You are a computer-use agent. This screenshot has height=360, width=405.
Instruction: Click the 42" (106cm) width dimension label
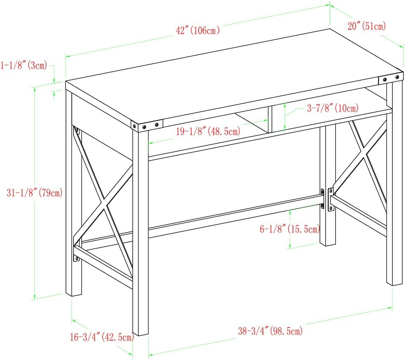[198, 30]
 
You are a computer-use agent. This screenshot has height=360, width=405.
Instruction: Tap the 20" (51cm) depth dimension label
[366, 26]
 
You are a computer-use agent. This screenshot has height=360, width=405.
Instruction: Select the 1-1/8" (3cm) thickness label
[24, 65]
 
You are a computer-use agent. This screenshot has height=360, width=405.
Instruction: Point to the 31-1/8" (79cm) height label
[35, 193]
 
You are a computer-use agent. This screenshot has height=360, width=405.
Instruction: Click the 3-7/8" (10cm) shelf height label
[333, 108]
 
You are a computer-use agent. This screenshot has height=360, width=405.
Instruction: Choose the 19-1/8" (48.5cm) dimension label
[208, 132]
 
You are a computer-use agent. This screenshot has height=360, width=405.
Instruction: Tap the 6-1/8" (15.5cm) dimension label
[290, 229]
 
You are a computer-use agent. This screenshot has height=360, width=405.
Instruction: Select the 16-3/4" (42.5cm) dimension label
[102, 337]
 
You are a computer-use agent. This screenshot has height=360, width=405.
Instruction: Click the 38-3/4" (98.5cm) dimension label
[270, 331]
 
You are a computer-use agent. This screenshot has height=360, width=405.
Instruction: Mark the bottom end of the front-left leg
[141, 335]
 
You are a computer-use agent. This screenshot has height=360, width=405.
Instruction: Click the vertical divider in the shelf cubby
[270, 119]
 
